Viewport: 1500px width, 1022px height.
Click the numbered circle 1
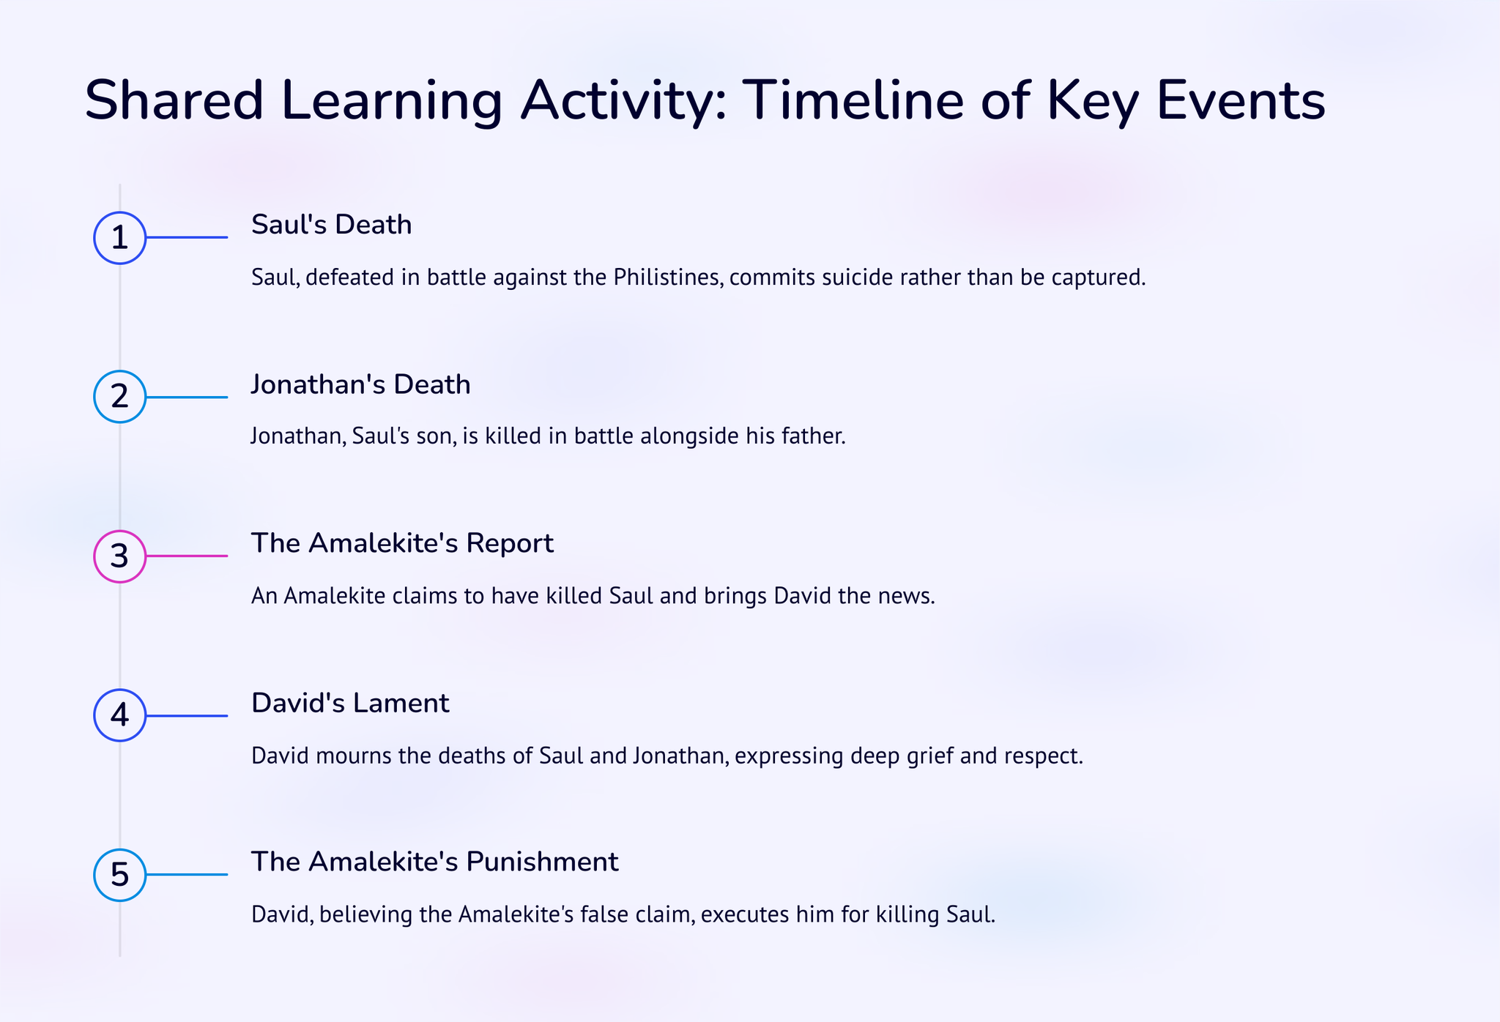click(120, 238)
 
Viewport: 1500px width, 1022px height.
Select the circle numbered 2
click(120, 397)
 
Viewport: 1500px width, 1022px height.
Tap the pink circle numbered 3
click(120, 556)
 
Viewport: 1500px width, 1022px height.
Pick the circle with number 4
click(120, 715)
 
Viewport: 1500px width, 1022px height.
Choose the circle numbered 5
click(120, 875)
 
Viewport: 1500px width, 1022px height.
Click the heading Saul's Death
click(332, 225)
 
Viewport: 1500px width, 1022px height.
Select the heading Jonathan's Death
click(361, 384)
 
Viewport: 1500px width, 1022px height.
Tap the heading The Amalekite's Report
click(402, 543)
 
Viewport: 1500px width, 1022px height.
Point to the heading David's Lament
click(350, 703)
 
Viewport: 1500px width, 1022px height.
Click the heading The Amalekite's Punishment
click(435, 862)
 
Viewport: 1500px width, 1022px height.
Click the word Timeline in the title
click(853, 101)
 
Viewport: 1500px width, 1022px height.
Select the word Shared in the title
click(174, 101)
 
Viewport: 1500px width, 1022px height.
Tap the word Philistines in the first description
click(666, 277)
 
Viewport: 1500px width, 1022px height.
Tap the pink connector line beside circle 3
click(187, 556)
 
